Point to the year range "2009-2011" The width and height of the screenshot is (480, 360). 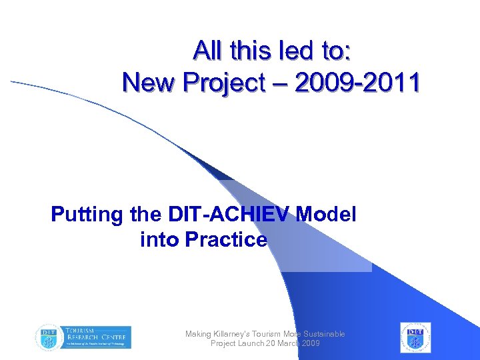(x=357, y=83)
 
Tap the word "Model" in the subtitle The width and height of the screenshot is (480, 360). (x=327, y=215)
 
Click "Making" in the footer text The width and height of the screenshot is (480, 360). (x=198, y=334)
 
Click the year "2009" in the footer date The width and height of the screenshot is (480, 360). (x=310, y=343)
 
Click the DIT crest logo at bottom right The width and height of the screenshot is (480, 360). (x=415, y=337)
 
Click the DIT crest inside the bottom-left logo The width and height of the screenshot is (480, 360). (x=47, y=337)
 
